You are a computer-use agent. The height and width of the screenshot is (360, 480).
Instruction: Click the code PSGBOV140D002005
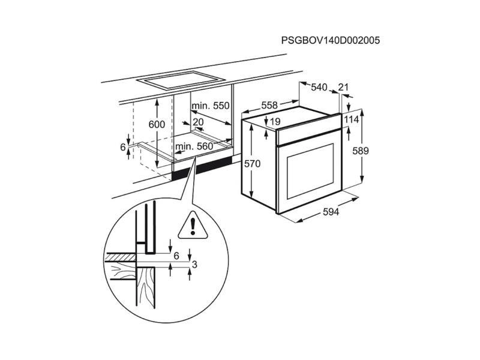(x=331, y=41)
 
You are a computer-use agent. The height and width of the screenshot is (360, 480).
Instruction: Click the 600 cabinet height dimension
(x=156, y=125)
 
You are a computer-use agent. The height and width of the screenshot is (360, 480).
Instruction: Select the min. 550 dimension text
(x=211, y=106)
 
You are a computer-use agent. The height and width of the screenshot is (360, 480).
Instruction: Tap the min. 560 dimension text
(x=194, y=146)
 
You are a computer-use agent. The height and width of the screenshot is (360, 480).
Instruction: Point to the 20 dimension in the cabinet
(x=199, y=122)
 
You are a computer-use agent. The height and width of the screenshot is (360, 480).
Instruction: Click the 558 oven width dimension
(x=269, y=106)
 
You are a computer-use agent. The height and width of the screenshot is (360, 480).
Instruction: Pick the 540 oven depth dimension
(x=319, y=88)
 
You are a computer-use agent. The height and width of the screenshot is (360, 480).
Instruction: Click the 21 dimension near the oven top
(x=343, y=88)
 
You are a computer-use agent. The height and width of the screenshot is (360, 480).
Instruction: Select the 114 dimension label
(x=352, y=119)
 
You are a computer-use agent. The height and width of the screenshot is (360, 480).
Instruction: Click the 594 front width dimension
(x=331, y=212)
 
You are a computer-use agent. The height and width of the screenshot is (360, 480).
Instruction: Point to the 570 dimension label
(x=253, y=163)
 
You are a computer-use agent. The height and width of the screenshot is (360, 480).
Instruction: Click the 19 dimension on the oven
(x=275, y=122)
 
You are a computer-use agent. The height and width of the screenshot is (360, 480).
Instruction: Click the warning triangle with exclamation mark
(x=193, y=224)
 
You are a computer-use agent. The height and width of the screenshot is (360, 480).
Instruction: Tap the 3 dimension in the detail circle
(x=194, y=263)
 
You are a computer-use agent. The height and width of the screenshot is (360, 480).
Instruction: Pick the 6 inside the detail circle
(x=176, y=256)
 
